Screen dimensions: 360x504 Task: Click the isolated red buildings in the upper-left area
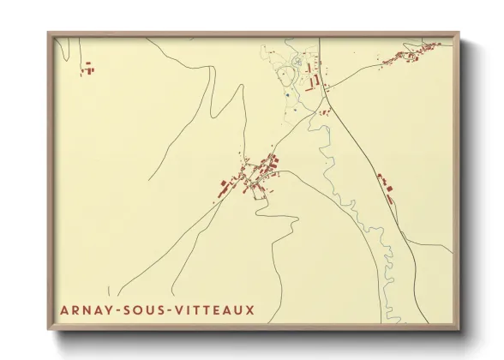click(87, 69)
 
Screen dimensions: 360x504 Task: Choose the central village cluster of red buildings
click(252, 176)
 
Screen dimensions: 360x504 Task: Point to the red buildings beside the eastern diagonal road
click(385, 185)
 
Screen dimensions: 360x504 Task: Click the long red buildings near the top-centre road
click(314, 78)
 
